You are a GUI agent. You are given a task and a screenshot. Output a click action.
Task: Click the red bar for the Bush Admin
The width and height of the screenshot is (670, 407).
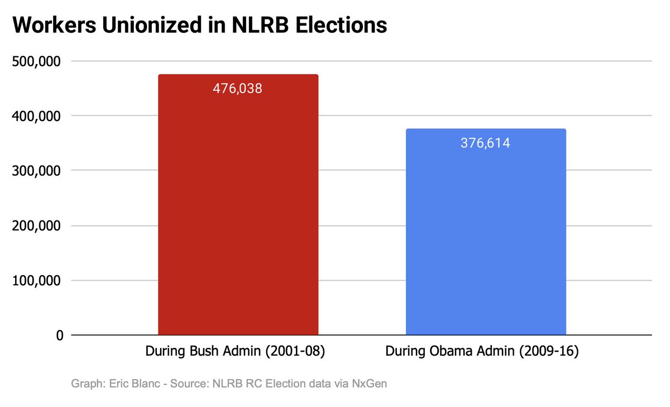coord(238,212)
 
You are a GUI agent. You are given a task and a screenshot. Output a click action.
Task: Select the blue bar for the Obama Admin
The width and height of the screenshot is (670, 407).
coord(485,240)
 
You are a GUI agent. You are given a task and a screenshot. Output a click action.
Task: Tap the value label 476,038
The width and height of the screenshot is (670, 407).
coord(237,88)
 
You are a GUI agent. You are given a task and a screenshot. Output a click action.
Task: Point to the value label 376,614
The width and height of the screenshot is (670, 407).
coord(485,143)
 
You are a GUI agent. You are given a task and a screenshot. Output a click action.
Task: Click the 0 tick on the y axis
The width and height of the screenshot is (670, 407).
coord(59,336)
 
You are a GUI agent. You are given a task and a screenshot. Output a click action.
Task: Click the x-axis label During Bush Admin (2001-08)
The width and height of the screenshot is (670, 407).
coord(235,352)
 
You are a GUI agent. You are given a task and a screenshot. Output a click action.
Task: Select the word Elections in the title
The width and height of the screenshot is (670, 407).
coord(342,25)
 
